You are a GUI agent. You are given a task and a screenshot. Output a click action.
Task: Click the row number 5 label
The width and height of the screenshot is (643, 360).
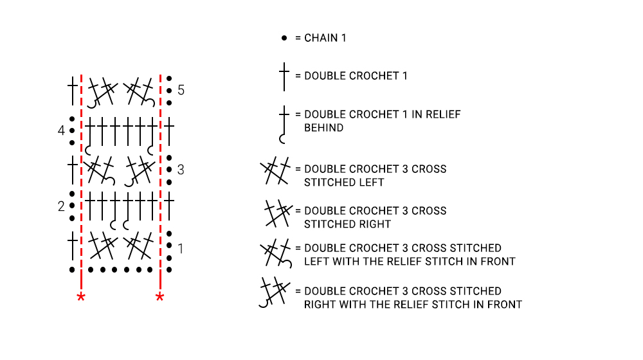tap(181, 90)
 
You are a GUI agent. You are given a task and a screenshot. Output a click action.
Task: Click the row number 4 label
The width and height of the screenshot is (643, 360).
tap(61, 130)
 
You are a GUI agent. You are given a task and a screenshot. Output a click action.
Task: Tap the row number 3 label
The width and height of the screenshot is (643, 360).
tap(181, 169)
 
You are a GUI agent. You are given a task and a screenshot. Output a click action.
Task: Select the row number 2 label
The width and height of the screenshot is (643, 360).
tap(61, 206)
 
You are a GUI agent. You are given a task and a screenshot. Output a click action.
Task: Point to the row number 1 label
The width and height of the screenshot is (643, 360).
tap(181, 249)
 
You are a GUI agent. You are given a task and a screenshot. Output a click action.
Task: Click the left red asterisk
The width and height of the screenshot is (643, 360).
tap(81, 297)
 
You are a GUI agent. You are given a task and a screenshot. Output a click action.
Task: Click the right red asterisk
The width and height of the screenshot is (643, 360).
tap(160, 297)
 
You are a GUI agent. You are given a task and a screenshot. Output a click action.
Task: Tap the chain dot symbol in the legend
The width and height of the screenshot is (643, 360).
tap(284, 38)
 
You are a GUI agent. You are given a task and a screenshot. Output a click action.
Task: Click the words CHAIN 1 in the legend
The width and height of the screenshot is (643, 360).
tap(325, 38)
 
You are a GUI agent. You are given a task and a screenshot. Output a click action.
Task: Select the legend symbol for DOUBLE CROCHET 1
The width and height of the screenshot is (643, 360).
tap(284, 76)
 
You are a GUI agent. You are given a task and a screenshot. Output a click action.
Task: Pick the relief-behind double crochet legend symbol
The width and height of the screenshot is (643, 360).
tap(284, 123)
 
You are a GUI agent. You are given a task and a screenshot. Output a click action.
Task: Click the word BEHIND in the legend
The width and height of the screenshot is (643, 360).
tap(323, 128)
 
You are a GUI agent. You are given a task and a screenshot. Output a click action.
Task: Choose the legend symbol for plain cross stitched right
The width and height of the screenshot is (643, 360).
tap(278, 213)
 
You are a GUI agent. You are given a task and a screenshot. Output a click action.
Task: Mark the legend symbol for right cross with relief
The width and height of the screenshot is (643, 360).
tap(275, 292)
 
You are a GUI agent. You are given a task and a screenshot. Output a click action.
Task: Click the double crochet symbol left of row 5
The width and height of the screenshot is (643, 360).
tap(73, 91)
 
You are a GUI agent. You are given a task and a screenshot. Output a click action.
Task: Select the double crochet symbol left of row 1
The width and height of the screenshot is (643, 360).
tap(73, 246)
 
